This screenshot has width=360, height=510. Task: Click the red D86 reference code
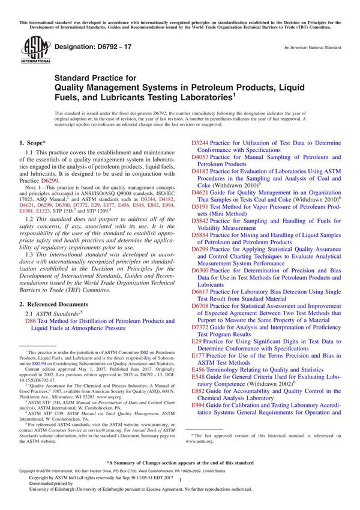pos(31,322)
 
